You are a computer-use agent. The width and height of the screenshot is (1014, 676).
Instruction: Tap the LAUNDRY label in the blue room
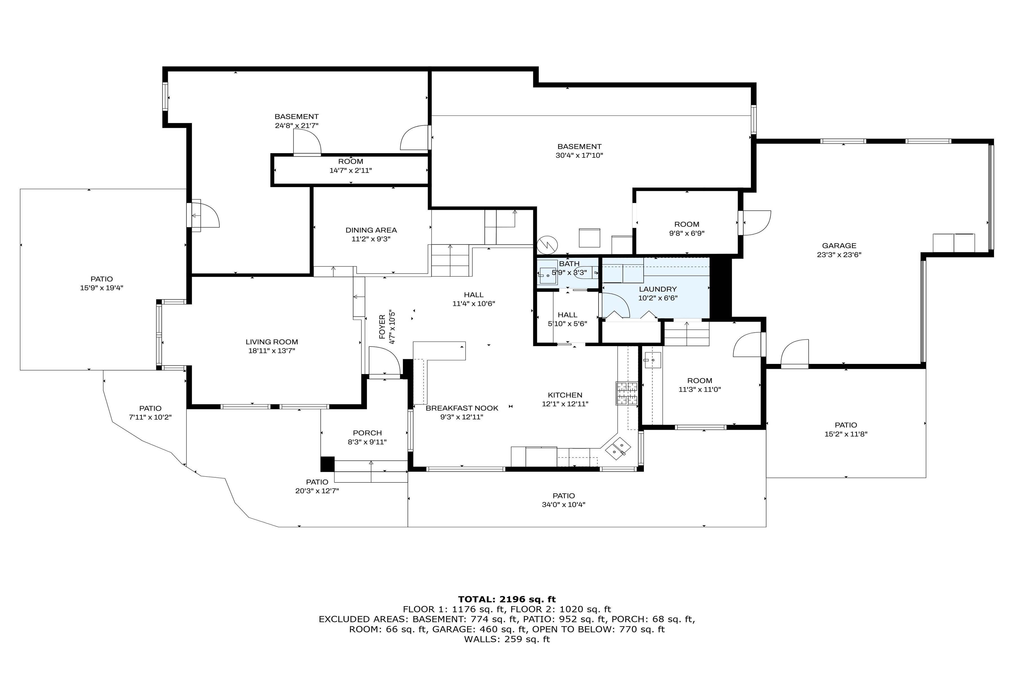click(657, 289)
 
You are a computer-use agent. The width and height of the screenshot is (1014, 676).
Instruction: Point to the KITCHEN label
click(565, 395)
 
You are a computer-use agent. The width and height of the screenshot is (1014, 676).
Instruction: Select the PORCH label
click(367, 433)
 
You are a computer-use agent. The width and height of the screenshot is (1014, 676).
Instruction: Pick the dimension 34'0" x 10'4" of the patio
click(564, 505)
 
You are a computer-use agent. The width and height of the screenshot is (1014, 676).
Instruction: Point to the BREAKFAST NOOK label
click(462, 408)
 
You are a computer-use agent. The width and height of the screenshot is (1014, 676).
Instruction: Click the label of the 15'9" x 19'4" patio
click(102, 279)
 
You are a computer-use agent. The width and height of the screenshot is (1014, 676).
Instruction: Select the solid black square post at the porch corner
click(327, 464)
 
